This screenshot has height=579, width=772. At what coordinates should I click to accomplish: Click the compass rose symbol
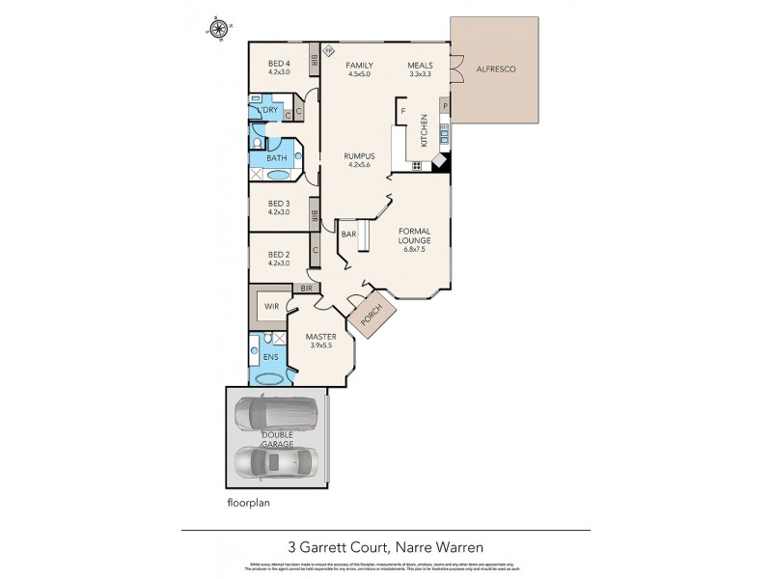point(219,28)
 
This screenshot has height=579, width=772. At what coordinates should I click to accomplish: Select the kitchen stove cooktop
point(417,166)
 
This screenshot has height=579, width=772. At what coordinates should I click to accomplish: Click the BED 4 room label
point(279,64)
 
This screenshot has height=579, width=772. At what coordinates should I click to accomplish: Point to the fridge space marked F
point(401,111)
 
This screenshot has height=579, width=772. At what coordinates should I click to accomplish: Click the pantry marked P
point(445,105)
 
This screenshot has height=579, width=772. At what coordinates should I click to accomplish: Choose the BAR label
point(349,234)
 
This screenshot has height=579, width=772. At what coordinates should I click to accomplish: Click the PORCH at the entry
point(372,317)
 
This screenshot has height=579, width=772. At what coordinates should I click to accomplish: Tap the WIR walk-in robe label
point(269,309)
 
